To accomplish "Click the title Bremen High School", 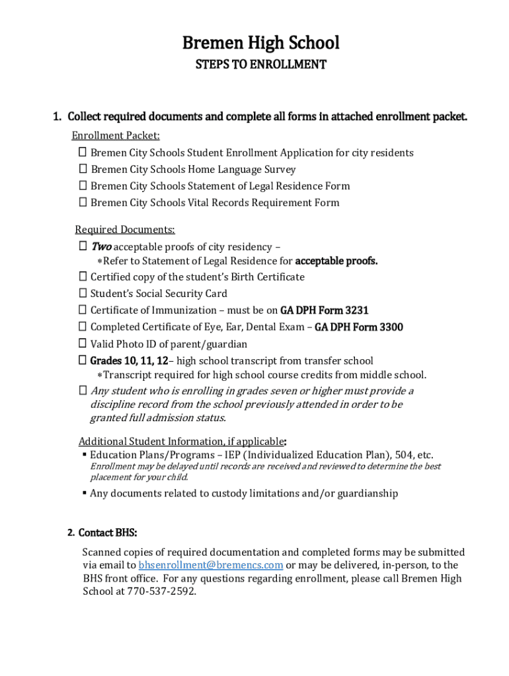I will tap(260, 43).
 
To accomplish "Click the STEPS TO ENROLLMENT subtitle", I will tap(260, 65).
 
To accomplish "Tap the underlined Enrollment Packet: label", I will tap(116, 135).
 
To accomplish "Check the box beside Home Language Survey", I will tap(83, 169).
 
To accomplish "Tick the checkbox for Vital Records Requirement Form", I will tap(83, 202).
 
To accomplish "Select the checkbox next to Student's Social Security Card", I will tap(83, 293).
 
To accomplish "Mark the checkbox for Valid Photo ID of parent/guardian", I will tap(83, 343).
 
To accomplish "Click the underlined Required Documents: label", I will tap(124, 230).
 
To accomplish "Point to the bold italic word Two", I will tap(101, 246).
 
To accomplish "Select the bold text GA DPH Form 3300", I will tap(358, 327).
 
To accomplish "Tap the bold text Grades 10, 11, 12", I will tap(129, 360).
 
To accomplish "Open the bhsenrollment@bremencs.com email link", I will tap(211, 565).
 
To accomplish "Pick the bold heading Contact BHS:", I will tap(108, 533).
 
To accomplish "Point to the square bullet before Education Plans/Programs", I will tap(85, 455).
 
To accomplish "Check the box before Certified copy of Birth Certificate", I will tap(83, 277).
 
